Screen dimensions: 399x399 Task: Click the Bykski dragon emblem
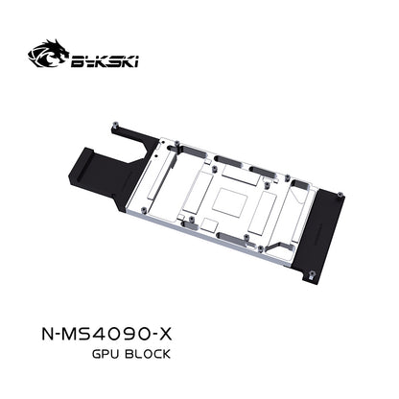(x=48, y=54)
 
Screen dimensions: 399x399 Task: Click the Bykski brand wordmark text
(x=105, y=61)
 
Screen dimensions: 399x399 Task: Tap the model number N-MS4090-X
(x=106, y=335)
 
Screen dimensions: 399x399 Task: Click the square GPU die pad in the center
(x=230, y=202)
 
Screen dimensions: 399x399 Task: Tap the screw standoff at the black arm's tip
(x=113, y=126)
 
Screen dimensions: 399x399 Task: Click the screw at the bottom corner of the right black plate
(x=312, y=274)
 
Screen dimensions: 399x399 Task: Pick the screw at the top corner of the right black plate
(x=340, y=193)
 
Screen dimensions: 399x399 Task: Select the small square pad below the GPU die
(x=210, y=224)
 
